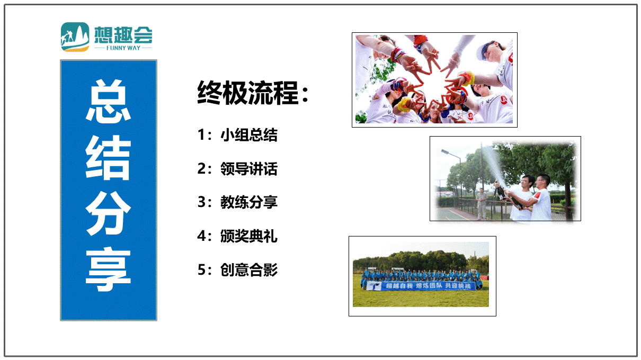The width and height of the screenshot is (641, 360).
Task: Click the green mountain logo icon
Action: (x=75, y=37)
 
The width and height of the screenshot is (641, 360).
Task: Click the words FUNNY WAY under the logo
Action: (x=123, y=48)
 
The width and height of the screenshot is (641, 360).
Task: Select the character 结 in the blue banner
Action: (x=109, y=157)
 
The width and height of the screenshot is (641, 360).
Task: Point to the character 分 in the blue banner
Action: (x=109, y=213)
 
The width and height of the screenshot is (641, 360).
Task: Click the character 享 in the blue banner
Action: (x=109, y=269)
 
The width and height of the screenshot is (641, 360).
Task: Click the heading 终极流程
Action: (x=248, y=93)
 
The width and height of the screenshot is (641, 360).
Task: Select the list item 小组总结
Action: (x=249, y=134)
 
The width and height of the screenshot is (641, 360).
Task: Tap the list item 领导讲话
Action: (x=249, y=168)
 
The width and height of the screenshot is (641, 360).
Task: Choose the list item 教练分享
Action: (x=249, y=202)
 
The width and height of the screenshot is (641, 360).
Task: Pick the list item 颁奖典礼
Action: (x=249, y=236)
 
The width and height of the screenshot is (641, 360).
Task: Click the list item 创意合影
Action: (x=249, y=269)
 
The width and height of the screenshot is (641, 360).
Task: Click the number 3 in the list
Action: (x=201, y=202)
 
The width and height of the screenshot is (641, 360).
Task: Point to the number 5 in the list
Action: (x=201, y=269)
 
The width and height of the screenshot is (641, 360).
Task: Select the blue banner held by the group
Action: (x=421, y=286)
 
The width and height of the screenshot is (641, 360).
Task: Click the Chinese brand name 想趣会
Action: (x=123, y=35)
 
